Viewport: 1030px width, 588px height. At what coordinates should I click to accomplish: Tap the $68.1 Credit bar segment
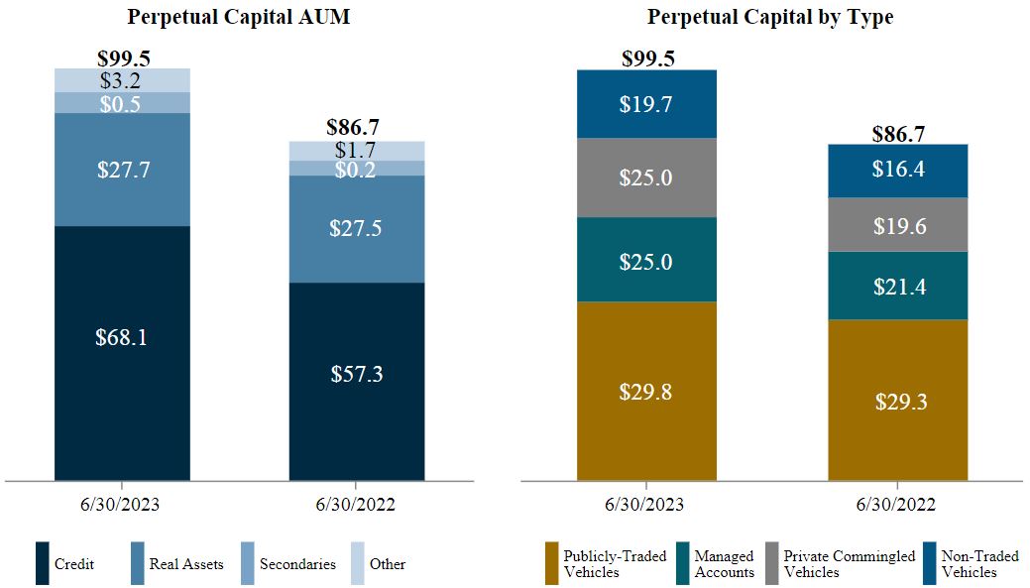coord(122,338)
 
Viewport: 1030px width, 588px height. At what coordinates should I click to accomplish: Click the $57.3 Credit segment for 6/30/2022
coord(357,375)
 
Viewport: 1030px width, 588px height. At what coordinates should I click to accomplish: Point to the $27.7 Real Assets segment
coord(122,170)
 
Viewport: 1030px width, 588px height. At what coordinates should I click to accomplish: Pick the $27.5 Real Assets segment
coord(357,228)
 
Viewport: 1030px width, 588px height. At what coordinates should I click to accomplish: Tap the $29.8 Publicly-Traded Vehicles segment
coord(646,392)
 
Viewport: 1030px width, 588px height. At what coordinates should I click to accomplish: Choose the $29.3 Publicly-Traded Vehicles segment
coord(898,402)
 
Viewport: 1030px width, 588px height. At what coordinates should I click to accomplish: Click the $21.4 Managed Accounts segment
coord(898,287)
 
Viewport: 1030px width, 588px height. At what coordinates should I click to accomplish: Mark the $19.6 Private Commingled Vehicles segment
coord(898,226)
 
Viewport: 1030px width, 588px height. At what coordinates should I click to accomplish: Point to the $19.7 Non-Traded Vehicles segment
coord(646,104)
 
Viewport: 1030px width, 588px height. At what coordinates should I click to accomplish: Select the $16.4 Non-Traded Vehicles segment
coord(898,170)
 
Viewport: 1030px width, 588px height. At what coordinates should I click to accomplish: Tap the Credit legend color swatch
coord(42,563)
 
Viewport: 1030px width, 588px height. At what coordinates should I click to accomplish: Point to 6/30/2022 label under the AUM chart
coord(357,505)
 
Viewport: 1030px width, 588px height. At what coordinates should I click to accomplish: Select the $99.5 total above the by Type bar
coord(647,59)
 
